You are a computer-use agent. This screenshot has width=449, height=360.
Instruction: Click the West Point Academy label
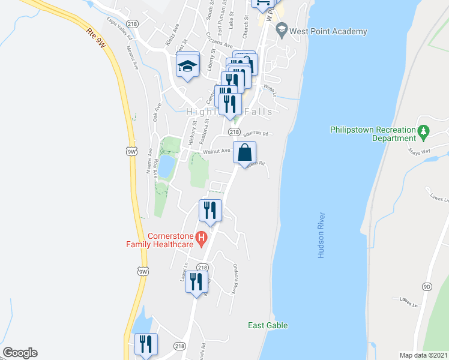coord(328,31)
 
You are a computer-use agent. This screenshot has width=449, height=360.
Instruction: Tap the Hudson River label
coord(322,235)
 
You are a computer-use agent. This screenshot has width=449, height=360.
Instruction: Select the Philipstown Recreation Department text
coord(373,134)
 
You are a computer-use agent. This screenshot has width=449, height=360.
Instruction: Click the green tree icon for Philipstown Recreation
coord(423,130)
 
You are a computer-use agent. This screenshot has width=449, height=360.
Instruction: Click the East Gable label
coord(268,325)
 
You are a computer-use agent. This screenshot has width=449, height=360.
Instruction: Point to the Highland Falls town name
coord(229,112)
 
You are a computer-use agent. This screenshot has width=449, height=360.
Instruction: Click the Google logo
coord(20,353)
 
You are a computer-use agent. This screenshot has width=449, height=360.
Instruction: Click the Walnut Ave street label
coord(217,151)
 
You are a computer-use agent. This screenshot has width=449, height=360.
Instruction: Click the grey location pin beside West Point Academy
coord(282,31)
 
